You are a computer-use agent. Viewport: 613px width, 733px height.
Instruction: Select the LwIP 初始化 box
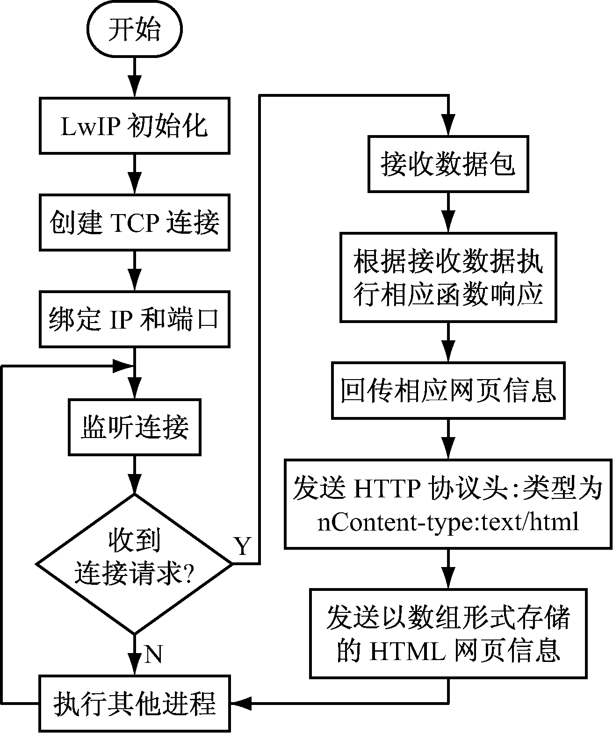134,125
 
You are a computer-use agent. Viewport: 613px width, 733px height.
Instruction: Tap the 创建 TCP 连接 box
134,223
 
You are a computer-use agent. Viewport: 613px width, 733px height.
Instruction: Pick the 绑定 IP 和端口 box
134,319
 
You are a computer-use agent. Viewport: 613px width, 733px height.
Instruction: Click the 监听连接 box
134,427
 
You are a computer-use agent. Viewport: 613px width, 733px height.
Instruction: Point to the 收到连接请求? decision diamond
134,564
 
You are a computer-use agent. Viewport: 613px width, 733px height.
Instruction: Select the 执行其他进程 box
134,703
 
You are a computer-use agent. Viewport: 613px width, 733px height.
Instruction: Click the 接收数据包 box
448,164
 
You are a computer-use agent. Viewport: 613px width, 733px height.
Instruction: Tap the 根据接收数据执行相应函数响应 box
448,278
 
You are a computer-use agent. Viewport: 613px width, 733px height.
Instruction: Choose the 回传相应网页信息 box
448,390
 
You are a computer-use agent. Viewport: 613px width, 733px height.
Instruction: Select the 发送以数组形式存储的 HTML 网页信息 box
448,633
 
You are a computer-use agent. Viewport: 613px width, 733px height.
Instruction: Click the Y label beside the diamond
243,546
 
